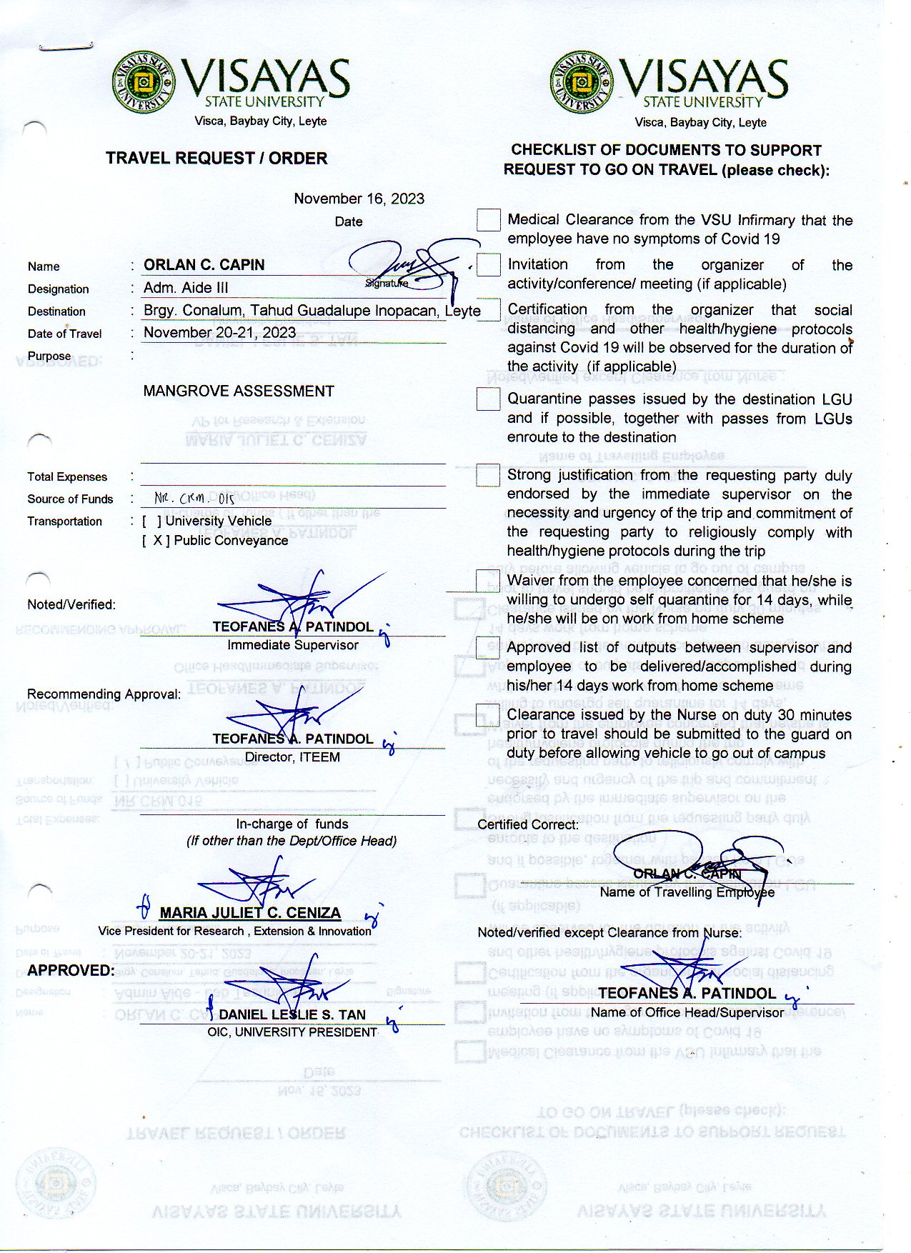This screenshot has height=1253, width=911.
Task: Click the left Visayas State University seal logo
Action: tap(144, 81)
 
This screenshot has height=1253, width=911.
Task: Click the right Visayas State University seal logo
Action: tap(582, 81)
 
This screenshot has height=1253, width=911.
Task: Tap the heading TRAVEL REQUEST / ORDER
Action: tap(216, 158)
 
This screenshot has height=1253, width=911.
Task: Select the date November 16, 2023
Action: tap(359, 199)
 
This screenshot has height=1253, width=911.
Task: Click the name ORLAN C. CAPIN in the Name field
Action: tap(204, 265)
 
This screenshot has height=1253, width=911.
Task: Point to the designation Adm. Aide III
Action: tap(186, 288)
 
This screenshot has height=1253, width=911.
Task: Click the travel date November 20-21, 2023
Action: tap(219, 332)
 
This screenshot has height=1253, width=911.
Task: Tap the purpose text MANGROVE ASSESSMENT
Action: tap(239, 391)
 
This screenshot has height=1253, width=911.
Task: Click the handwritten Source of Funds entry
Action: tap(194, 499)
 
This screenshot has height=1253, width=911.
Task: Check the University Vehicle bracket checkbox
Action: tap(151, 521)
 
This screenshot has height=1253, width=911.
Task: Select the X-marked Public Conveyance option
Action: tap(156, 541)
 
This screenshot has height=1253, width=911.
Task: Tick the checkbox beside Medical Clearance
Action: tap(489, 220)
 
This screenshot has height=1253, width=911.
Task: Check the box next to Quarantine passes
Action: tap(489, 399)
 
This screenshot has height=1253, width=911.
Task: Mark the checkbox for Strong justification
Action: tap(489, 476)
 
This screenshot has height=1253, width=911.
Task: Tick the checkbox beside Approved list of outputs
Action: tap(488, 648)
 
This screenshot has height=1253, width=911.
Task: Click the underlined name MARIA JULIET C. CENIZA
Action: tap(249, 913)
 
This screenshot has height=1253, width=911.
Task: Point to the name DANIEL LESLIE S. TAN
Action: tap(292, 1015)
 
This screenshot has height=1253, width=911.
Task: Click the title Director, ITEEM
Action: tap(292, 757)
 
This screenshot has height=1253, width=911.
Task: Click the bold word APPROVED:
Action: tap(71, 971)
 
